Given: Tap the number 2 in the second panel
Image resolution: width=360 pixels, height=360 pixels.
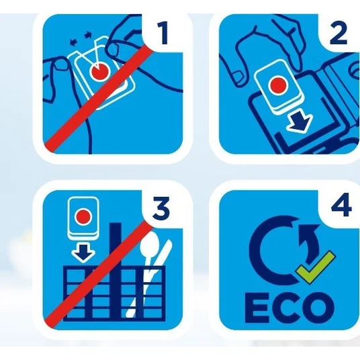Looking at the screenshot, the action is [339, 33].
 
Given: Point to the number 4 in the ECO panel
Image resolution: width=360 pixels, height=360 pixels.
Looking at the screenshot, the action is [341, 205].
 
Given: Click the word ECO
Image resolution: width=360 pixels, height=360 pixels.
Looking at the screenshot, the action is [289, 308].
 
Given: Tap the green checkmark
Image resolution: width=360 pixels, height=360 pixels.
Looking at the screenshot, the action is [315, 265].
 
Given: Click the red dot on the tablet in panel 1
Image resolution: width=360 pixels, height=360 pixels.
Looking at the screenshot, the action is [100, 71].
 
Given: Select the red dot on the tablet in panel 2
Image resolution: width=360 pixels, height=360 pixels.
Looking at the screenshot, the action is [278, 85].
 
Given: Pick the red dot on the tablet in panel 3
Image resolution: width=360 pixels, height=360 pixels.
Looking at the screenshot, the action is [83, 216].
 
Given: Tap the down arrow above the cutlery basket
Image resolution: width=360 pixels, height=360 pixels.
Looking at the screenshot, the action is [83, 253].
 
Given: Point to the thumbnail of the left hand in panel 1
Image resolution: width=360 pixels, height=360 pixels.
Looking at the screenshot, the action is [62, 65].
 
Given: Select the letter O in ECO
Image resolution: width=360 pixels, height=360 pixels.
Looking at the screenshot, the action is [319, 308].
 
